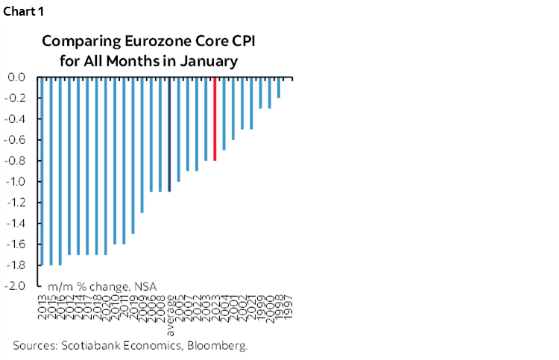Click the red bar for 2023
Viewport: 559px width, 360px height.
pyautogui.click(x=215, y=119)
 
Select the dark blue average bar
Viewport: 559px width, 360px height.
pyautogui.click(x=169, y=134)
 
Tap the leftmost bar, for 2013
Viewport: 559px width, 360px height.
pyautogui.click(x=42, y=171)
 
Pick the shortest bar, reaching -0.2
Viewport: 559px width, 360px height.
pyautogui.click(x=279, y=87)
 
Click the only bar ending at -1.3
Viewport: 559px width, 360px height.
pyautogui.click(x=142, y=145)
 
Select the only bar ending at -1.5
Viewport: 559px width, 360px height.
pyautogui.click(x=133, y=155)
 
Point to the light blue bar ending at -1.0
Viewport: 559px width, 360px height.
pyautogui.click(x=178, y=129)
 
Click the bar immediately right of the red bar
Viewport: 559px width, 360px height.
pyautogui.click(x=224, y=113)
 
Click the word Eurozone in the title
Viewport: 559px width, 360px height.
pyautogui.click(x=145, y=40)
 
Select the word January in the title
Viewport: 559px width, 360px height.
pyautogui.click(x=211, y=61)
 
